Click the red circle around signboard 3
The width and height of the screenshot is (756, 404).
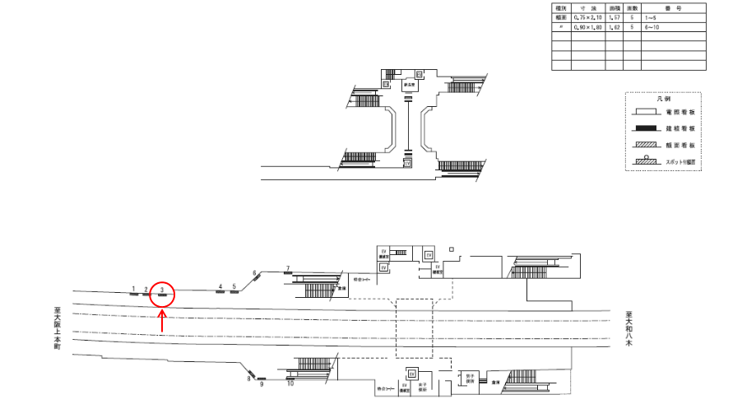click(x=164, y=292)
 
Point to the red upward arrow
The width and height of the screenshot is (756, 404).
click(x=163, y=321)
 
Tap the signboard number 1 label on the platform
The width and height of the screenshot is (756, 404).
click(x=132, y=289)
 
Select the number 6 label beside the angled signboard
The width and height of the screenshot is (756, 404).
click(x=255, y=273)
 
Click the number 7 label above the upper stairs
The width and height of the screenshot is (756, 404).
click(x=287, y=268)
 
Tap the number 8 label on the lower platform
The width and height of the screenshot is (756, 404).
click(x=248, y=378)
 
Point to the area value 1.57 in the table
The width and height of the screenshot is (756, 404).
click(x=614, y=17)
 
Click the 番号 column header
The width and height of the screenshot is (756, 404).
click(x=673, y=7)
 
